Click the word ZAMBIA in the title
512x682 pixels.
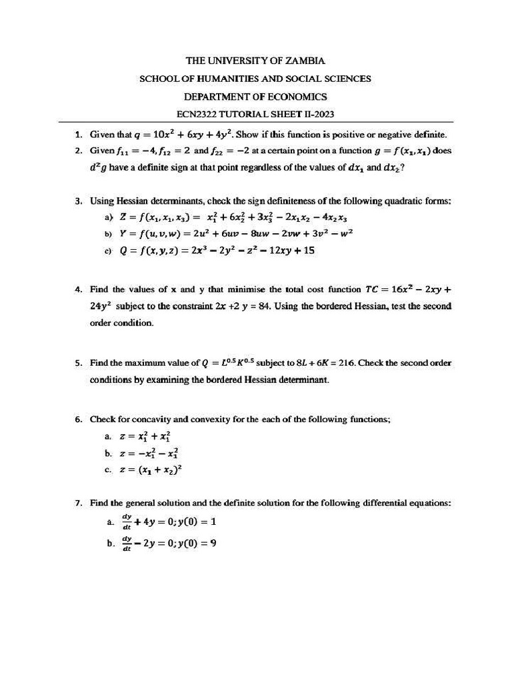(x=305, y=61)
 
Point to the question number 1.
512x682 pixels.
(x=78, y=134)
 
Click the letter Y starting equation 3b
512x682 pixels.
(x=123, y=234)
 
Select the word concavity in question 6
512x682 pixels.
(x=150, y=420)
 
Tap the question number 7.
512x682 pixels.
(x=78, y=504)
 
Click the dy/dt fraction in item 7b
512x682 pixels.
(x=126, y=543)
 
